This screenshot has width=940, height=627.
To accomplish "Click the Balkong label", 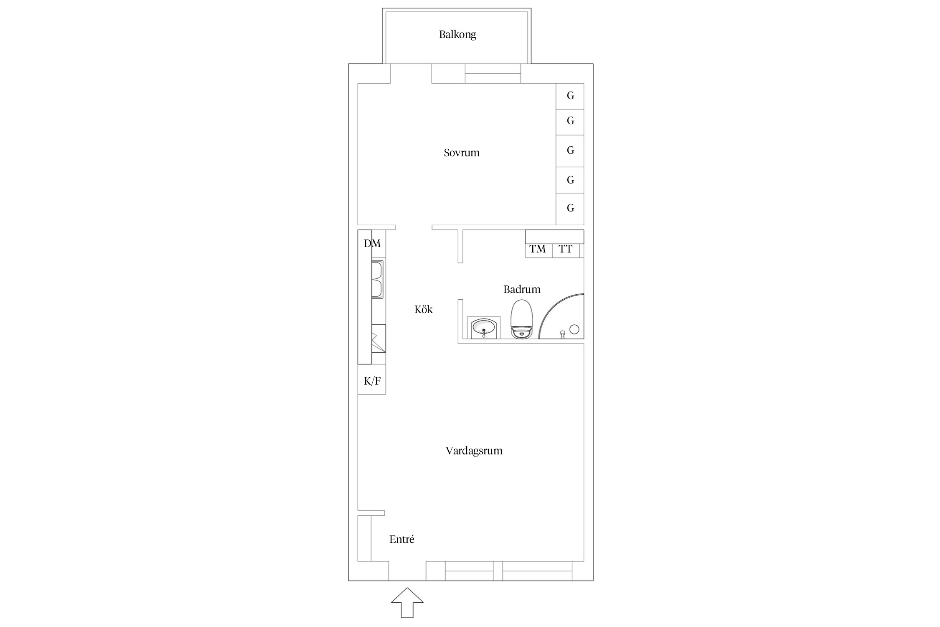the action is click(x=457, y=35).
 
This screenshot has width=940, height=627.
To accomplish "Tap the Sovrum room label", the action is click(x=462, y=153).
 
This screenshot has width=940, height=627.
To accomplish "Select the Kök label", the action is click(x=424, y=309).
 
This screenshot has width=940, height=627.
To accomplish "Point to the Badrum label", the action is click(x=522, y=289).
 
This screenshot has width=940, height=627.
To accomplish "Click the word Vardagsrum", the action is click(x=474, y=451).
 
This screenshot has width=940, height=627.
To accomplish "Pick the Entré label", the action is click(x=402, y=539).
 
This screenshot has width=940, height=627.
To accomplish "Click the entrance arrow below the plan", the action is click(x=407, y=602).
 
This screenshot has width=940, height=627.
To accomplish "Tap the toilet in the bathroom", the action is click(x=522, y=319).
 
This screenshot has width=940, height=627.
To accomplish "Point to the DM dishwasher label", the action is click(x=372, y=243).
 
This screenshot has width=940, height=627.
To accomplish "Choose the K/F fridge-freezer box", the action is click(x=372, y=379).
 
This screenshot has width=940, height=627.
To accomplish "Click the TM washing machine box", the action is click(x=539, y=250).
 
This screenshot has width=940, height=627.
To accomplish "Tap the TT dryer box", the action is click(x=566, y=250).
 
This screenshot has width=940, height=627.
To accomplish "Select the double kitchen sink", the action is click(x=377, y=279).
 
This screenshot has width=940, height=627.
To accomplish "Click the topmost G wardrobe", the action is click(x=570, y=96).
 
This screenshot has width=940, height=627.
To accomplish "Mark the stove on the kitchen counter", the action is click(x=379, y=338).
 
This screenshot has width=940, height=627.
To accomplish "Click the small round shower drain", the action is click(x=574, y=329).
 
